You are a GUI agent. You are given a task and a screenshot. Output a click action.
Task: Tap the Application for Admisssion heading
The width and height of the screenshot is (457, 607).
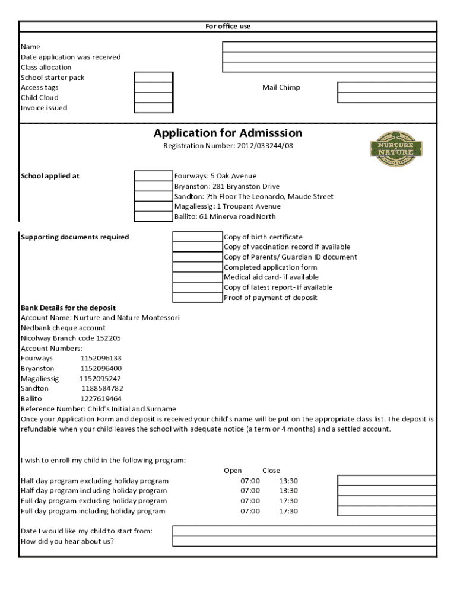(x=228, y=133)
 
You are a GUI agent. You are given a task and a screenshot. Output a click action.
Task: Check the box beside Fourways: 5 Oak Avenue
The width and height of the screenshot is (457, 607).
(x=153, y=176)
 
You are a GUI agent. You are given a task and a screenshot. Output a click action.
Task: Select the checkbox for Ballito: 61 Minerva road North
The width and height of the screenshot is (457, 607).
(x=153, y=216)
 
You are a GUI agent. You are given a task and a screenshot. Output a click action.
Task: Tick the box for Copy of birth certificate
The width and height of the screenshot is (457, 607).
(x=197, y=237)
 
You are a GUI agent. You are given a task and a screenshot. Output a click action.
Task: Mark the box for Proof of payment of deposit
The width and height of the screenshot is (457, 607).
(x=197, y=298)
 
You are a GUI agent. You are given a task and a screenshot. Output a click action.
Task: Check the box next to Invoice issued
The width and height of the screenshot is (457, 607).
(x=153, y=108)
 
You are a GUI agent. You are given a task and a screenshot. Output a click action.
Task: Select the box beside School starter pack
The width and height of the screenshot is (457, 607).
(x=153, y=78)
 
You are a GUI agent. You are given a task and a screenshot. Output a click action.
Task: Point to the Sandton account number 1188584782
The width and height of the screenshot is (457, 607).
(x=103, y=389)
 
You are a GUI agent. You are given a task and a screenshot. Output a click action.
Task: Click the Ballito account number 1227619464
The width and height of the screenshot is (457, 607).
(x=101, y=399)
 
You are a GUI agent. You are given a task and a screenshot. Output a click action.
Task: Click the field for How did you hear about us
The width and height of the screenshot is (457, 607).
(x=304, y=541)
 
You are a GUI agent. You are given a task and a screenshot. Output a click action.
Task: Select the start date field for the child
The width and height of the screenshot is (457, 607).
(x=304, y=531)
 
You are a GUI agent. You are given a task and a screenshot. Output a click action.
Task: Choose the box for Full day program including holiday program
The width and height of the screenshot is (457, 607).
(x=387, y=511)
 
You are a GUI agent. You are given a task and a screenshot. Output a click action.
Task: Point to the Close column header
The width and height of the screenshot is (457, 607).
(x=271, y=471)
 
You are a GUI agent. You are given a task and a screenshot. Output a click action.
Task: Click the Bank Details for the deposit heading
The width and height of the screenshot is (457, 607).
(x=68, y=308)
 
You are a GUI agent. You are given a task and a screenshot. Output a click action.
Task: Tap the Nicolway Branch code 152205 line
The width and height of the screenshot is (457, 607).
(x=71, y=338)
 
